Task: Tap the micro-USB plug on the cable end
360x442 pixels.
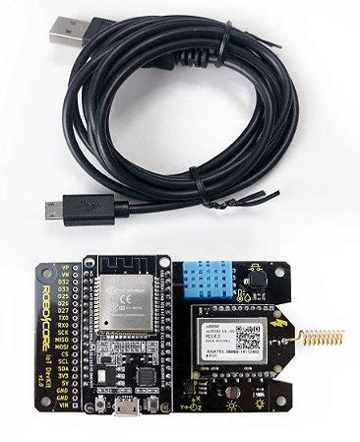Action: tap(52, 207)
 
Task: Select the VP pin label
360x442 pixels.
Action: tap(67, 267)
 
